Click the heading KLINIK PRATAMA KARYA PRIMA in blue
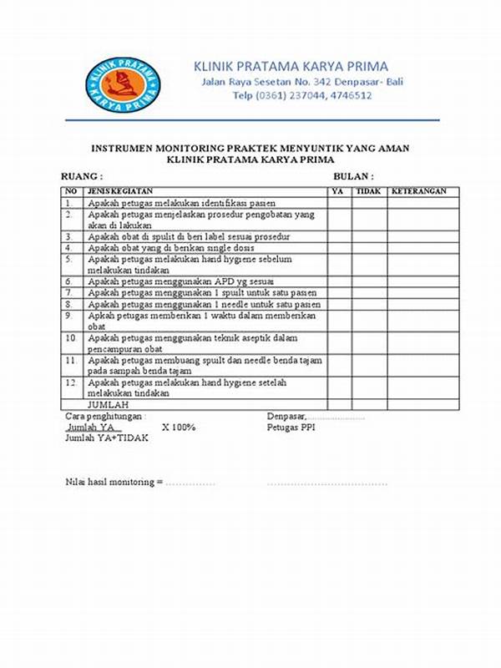[291, 66]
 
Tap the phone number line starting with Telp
[301, 96]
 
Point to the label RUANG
[82, 177]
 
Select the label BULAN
[353, 177]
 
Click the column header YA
[337, 191]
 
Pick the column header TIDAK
[367, 191]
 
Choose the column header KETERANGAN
[420, 191]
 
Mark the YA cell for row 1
[338, 203]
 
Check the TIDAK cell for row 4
[367, 248]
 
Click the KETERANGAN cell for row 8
[420, 305]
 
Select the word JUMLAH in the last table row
[108, 403]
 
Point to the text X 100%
[179, 427]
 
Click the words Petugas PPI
[291, 427]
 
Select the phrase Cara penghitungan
[104, 415]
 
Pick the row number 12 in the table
[72, 382]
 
